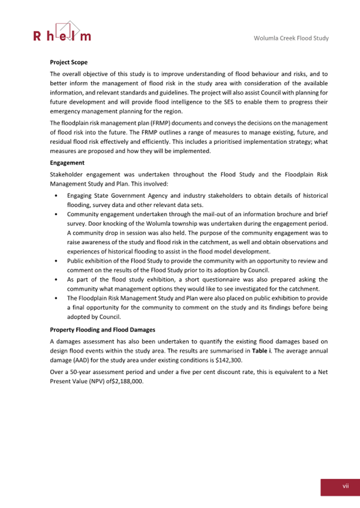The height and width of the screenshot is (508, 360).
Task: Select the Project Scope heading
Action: coord(69,62)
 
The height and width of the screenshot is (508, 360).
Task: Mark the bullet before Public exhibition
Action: coord(57,261)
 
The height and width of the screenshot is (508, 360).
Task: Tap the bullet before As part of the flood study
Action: coord(57,279)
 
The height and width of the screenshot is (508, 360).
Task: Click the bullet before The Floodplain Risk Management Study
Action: coord(57,298)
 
